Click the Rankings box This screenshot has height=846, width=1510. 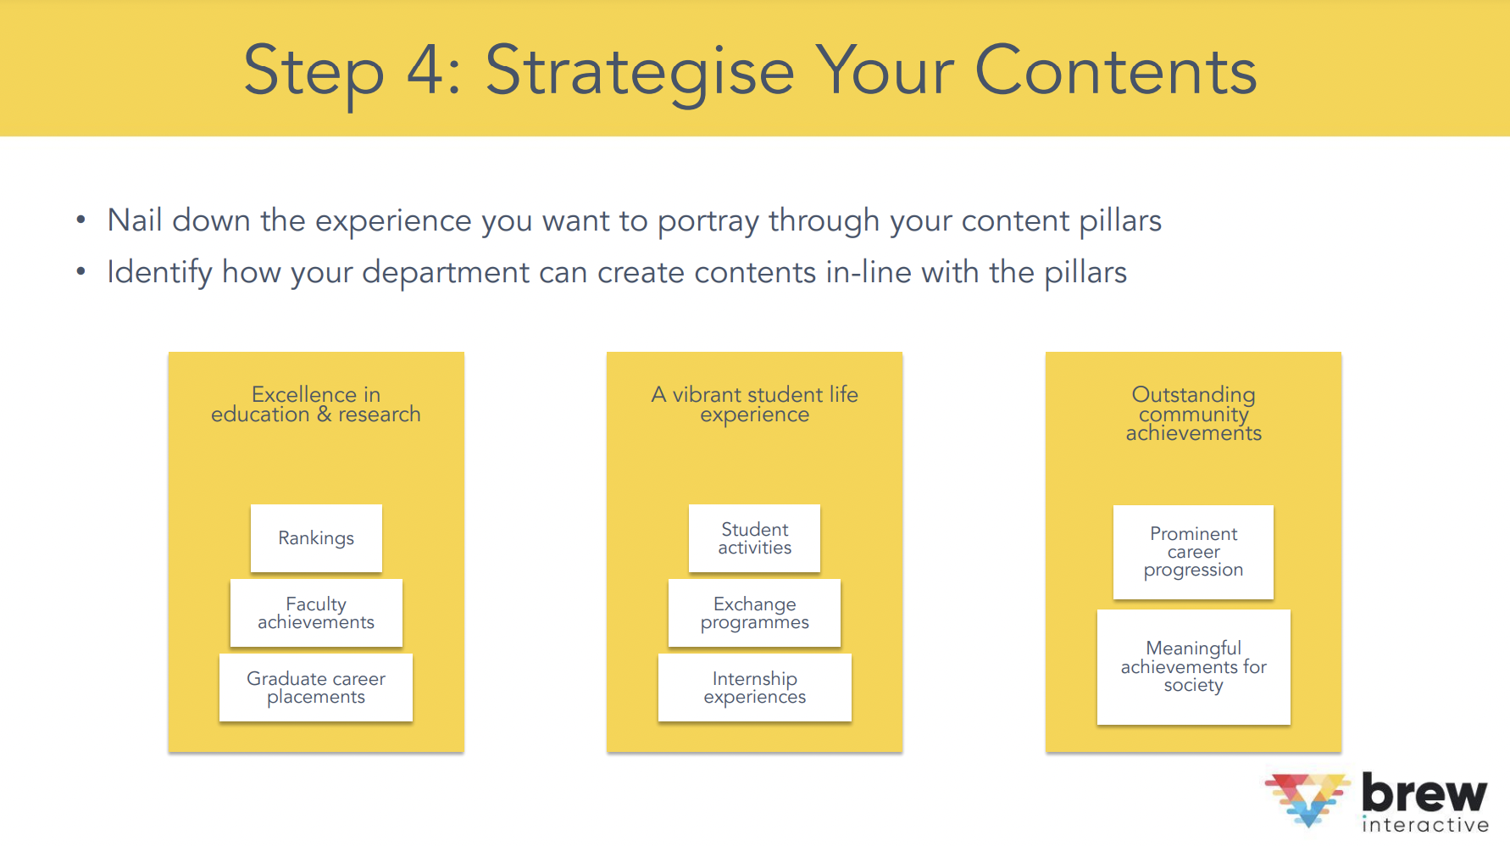click(316, 538)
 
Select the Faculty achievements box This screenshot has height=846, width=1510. click(316, 613)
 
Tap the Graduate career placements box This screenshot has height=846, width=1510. click(316, 687)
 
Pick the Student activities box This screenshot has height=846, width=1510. click(754, 538)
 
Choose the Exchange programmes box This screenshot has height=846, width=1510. click(754, 613)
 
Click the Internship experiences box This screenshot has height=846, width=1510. click(754, 687)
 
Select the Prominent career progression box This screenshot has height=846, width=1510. click(1193, 552)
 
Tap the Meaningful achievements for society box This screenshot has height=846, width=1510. click(1193, 667)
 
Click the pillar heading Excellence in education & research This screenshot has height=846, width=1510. click(316, 404)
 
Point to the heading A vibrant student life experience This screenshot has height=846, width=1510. click(754, 404)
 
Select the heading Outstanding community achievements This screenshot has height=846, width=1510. click(1193, 414)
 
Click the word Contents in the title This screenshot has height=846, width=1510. click(1116, 71)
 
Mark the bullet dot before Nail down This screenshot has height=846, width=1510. click(80, 220)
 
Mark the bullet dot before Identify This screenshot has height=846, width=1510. click(80, 272)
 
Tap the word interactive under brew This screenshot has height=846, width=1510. click(1425, 825)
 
